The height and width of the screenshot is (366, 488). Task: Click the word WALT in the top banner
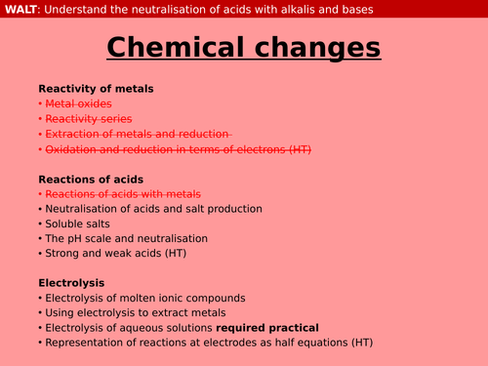coord(21,10)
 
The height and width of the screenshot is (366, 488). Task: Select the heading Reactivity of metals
coord(96,89)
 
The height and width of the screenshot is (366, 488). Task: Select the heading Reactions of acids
coord(91,179)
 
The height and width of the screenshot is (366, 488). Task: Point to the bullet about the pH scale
coord(126,238)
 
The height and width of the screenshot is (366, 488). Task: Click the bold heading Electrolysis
coord(72,283)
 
